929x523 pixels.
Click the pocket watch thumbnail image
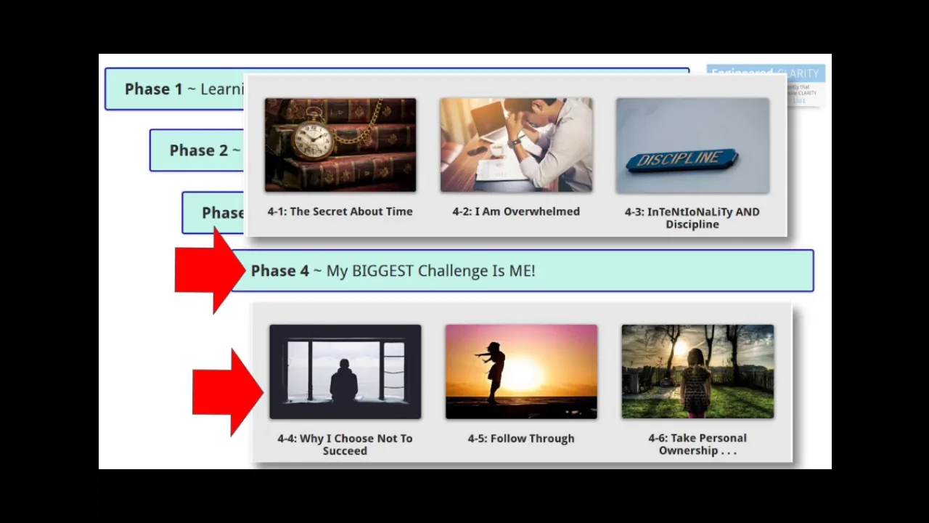340,145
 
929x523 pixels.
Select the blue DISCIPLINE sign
682,160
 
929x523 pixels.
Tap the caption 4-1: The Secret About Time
340,211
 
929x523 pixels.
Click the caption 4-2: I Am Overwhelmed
516,211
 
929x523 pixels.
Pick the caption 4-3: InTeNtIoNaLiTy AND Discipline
692,218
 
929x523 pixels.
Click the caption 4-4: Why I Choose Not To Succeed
345,445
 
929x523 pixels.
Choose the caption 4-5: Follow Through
521,438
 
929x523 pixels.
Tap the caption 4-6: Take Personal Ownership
697,444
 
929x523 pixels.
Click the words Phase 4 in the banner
279,271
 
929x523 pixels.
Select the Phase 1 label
153,89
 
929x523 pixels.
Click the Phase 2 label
198,150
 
